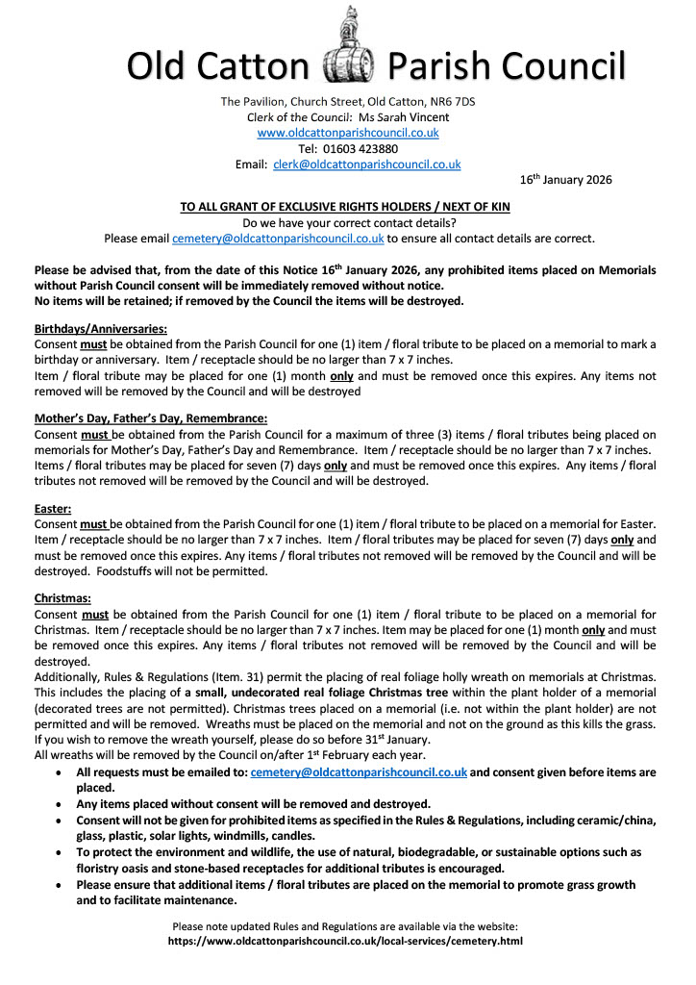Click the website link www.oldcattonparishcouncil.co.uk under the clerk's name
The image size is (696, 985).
click(348, 133)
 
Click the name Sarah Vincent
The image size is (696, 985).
click(411, 117)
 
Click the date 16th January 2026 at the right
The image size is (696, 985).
click(565, 179)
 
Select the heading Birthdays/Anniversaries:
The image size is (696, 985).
click(100, 329)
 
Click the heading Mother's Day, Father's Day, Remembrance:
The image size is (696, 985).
click(150, 418)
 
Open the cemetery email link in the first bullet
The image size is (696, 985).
click(359, 772)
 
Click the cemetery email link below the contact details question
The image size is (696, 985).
click(278, 239)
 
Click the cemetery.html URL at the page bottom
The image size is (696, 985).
click(346, 942)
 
